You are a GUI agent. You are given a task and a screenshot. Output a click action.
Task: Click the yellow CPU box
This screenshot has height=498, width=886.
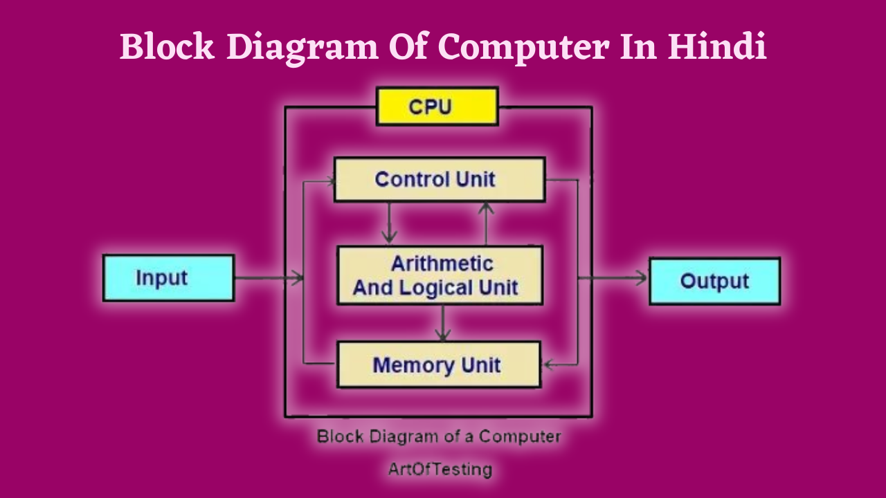click(x=437, y=107)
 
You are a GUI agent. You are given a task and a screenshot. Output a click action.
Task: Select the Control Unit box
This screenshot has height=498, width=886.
click(x=439, y=180)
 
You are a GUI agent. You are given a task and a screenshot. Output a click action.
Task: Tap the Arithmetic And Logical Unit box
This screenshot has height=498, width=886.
click(x=439, y=275)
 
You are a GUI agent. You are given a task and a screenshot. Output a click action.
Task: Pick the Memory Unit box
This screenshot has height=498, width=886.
click(x=438, y=365)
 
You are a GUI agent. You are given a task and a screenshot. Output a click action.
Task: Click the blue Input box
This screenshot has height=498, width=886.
click(x=168, y=278)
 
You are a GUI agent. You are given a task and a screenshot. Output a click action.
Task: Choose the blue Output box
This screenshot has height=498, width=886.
click(x=714, y=281)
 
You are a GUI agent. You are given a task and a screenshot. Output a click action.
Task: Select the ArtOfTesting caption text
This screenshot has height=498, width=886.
click(x=440, y=470)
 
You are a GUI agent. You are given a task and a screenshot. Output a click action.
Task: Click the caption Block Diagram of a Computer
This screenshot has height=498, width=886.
click(x=439, y=437)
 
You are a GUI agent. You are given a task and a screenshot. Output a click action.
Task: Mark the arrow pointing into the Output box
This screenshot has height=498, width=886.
click(x=616, y=279)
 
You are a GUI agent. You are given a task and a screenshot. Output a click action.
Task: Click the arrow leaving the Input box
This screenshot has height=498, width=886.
click(x=269, y=279)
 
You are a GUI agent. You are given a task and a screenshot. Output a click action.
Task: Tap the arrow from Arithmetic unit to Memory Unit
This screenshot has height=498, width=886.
click(x=443, y=323)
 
